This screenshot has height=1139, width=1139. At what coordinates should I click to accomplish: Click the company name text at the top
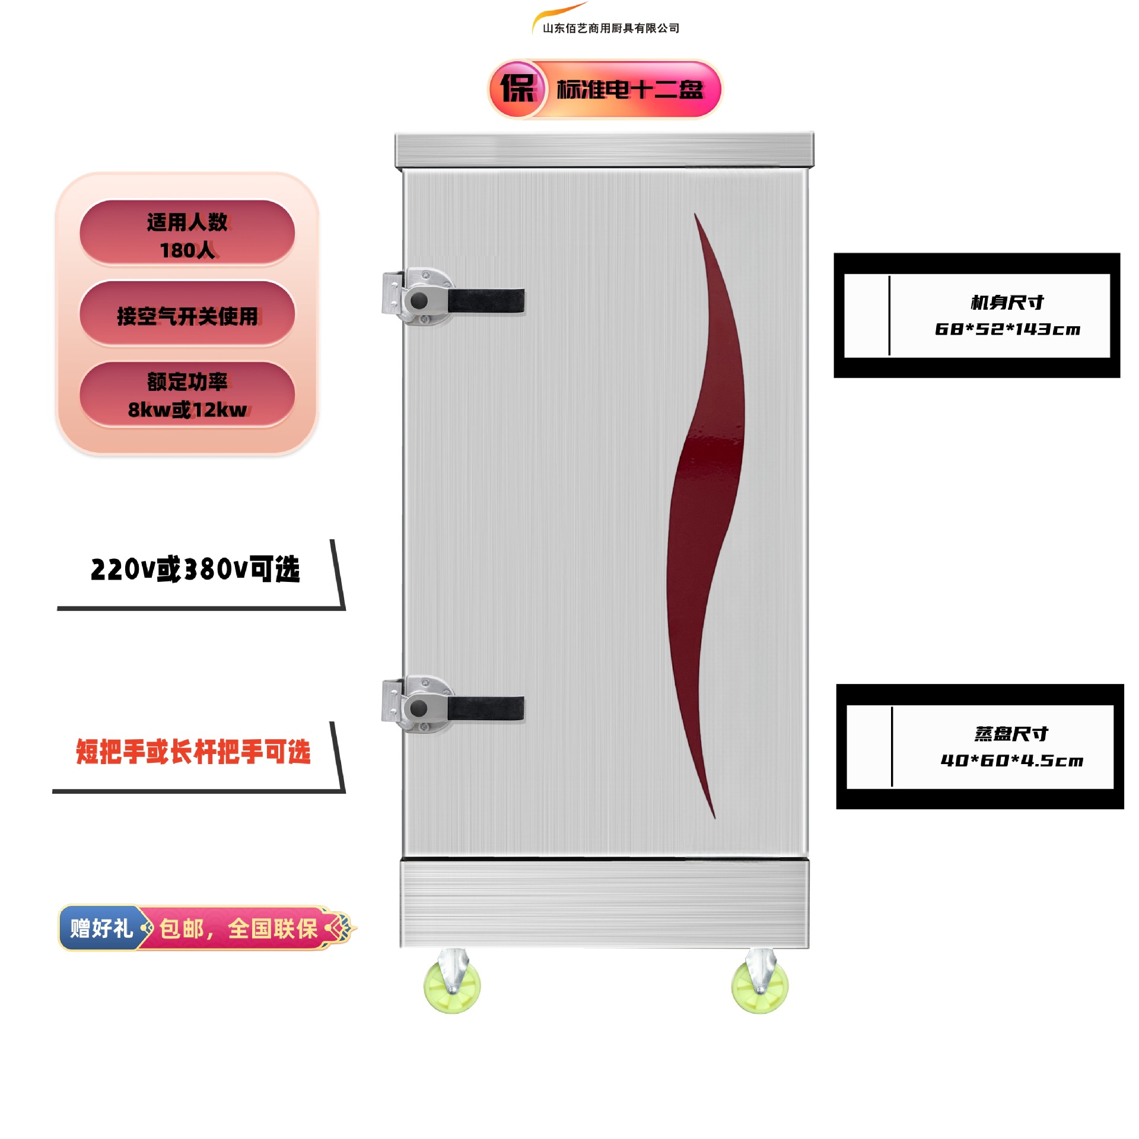coord(610,28)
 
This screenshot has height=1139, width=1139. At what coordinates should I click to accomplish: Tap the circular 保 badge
coord(517,89)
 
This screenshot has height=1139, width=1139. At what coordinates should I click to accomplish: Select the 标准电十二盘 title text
coord(629,90)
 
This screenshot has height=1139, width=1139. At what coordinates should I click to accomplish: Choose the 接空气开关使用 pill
coord(187,315)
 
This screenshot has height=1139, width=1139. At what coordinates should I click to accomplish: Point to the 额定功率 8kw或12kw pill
coord(187,394)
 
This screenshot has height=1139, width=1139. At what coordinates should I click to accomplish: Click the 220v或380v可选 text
coord(195,569)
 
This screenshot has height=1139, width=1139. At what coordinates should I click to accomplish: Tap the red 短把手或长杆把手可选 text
coord(193,752)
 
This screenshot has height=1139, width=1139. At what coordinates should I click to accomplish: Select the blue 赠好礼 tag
coord(101,928)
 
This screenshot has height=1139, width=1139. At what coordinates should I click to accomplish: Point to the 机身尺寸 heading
coord(1007,303)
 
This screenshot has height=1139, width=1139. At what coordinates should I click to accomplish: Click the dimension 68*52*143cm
coord(1007,329)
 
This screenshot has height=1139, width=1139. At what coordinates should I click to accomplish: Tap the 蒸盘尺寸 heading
coord(1011,734)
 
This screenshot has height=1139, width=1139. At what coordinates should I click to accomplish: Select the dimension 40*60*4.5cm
coord(1011,761)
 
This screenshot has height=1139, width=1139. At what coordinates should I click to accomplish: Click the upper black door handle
coord(485,300)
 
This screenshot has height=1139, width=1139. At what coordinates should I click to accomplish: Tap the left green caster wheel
coord(452,985)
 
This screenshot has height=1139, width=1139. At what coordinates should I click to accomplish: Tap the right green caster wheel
coord(760,985)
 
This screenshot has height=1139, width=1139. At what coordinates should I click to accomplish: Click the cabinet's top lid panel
coord(604,150)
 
